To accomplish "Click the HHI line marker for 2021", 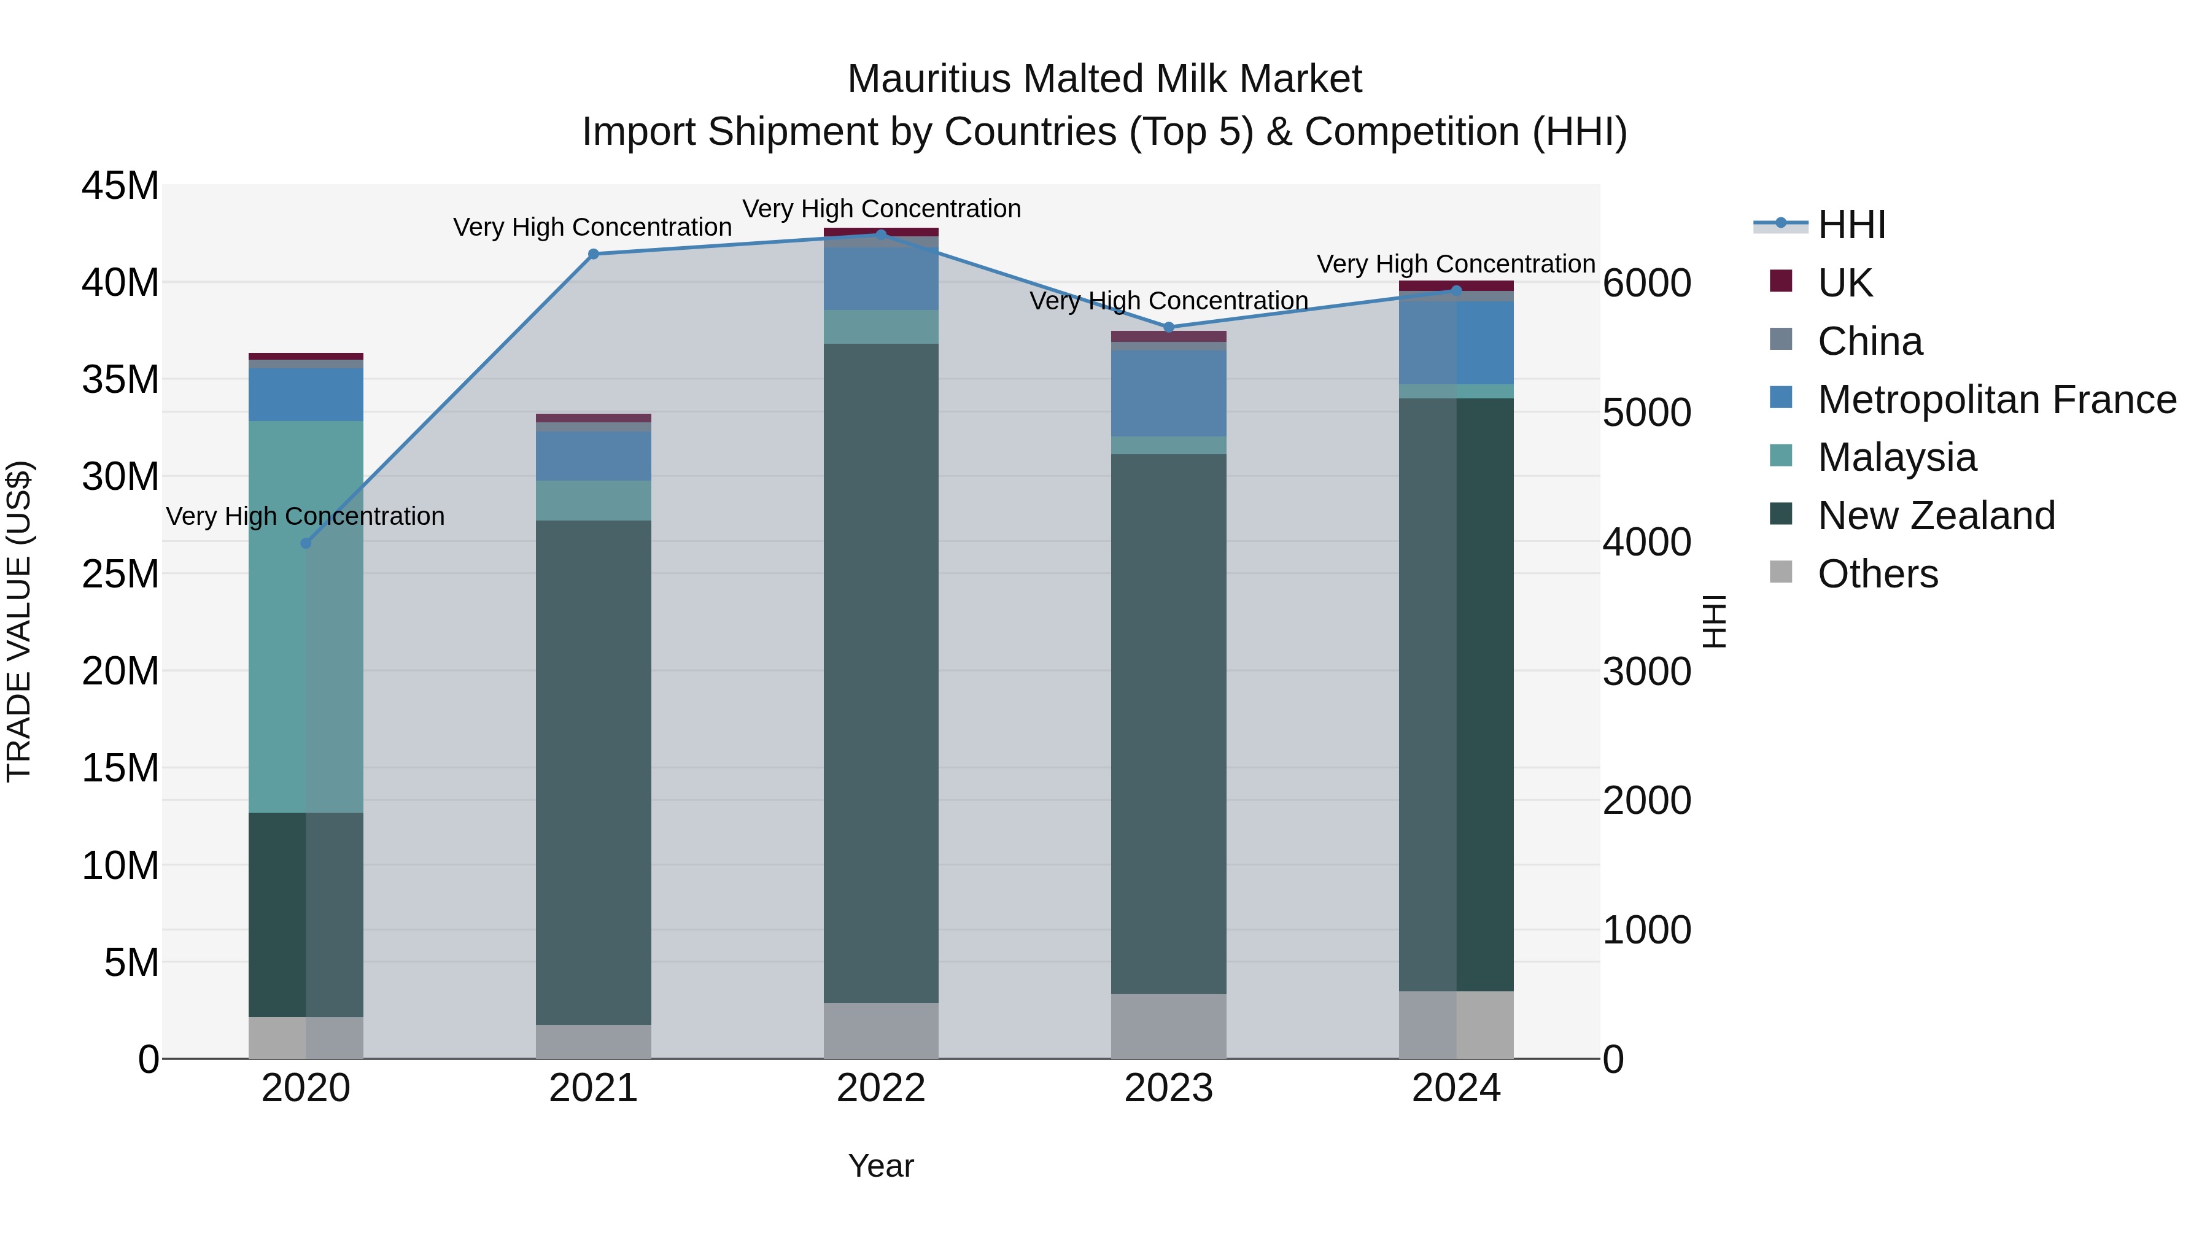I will (593, 254).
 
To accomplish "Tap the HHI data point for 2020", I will (306, 543).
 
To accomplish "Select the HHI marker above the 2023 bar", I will (1168, 327).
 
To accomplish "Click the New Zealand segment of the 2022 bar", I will (881, 673).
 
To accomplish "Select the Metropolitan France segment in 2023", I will (1168, 393).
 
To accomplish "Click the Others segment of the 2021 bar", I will (593, 1042).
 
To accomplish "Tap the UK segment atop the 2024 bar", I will (1456, 285).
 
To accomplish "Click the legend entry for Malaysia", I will (1896, 457).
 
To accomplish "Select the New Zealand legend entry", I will (1936, 516).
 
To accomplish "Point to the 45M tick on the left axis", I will (120, 186).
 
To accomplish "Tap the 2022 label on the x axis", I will (881, 1088).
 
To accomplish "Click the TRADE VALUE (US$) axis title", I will (19, 621).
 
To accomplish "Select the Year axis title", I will (881, 1166).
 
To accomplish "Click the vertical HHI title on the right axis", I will (1713, 621).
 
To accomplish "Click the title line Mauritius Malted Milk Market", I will (1104, 79).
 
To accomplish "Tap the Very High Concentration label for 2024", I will (1456, 264).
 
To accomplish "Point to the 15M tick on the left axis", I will (120, 768).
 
